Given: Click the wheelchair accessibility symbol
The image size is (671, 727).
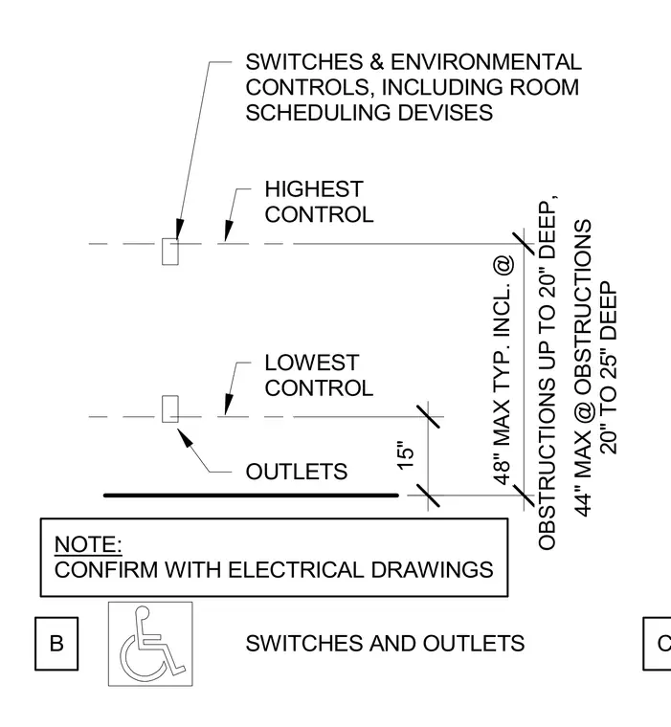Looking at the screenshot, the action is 150,644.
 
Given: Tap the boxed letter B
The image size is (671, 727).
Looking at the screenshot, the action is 56,644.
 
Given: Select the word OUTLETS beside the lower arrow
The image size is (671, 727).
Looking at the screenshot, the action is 297,472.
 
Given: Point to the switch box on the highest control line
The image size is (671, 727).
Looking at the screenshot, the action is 170,252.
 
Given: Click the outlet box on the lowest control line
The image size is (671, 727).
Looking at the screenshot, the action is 170,409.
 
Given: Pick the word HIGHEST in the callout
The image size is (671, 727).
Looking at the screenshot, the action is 314,189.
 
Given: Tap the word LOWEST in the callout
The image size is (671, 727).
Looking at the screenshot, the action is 312,363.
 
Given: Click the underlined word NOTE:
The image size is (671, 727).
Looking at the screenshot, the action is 88,544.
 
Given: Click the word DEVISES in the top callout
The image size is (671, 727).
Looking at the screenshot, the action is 445,113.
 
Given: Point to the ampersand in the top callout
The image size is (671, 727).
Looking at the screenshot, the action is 377,62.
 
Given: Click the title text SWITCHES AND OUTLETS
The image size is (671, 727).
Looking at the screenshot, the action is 385,644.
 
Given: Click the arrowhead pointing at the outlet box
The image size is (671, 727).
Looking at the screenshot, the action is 185,437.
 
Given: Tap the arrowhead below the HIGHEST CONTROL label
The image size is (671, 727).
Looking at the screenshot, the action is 229,231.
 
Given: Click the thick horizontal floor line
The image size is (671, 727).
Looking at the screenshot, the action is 251,496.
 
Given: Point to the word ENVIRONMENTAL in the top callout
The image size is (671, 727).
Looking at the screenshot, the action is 486,62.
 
